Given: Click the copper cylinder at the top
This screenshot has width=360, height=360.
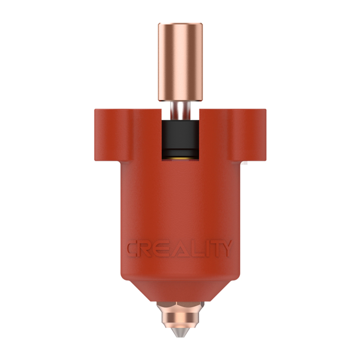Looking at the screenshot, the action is click(180, 62).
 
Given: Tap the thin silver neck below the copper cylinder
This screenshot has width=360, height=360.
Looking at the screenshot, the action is click(180, 111).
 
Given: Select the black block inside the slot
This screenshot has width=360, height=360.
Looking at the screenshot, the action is click(180, 138).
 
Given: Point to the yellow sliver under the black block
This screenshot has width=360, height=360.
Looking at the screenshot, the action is click(180, 158).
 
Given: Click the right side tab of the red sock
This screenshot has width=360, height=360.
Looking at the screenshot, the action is click(253, 135).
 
